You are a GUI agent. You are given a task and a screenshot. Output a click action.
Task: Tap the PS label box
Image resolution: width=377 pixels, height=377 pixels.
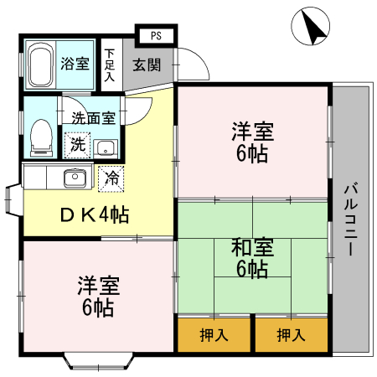[x=156, y=35]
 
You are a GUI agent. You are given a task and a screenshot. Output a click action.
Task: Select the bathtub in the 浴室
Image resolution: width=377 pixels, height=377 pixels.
[x=40, y=64]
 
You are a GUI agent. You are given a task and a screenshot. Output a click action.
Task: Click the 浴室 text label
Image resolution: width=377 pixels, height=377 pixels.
[x=75, y=64]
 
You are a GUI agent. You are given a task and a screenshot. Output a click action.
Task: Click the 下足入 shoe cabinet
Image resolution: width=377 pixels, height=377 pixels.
[x=110, y=64]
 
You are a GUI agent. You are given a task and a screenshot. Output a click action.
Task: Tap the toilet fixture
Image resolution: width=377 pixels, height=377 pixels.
[x=39, y=137]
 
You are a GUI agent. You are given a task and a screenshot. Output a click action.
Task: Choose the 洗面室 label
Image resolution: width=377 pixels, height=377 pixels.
[x=93, y=118]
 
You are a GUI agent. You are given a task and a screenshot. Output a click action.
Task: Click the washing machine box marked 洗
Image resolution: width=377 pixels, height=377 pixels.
[x=78, y=144]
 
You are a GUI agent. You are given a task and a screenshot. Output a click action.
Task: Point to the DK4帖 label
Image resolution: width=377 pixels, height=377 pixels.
[x=94, y=215]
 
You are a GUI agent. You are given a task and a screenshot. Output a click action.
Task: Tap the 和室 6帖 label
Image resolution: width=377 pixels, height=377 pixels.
[x=251, y=257]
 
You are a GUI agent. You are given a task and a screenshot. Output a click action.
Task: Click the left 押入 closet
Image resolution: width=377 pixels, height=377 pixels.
[x=214, y=335]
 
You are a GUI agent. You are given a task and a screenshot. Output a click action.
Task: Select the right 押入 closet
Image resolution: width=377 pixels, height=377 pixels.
[x=290, y=335]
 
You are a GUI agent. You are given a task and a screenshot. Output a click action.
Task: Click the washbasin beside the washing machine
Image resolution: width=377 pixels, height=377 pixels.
[x=105, y=147]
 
